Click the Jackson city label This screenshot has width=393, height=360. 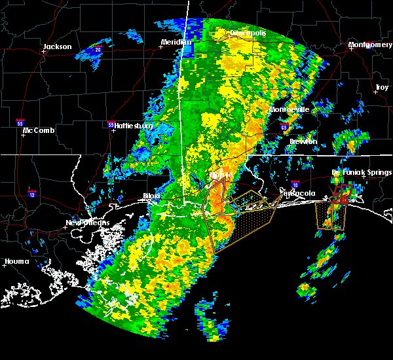57,46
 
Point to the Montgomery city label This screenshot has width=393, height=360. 370,45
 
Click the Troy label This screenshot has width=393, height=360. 381,87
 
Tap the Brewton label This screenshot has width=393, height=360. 303,141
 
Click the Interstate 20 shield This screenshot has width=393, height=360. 98,50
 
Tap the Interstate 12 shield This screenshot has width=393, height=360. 32,194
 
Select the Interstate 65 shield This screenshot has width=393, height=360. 284,127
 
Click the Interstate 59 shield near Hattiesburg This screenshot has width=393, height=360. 111,124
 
